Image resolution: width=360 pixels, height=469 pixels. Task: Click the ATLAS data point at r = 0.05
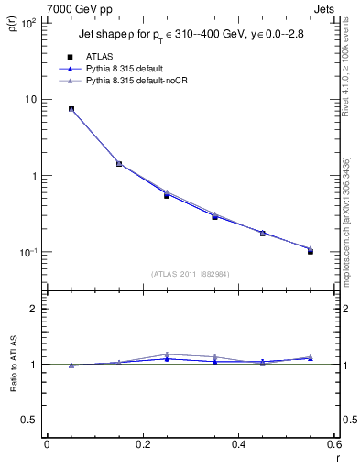71,109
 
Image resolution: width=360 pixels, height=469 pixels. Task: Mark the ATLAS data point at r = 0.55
311,251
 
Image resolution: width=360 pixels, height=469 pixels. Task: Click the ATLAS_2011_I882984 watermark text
190,274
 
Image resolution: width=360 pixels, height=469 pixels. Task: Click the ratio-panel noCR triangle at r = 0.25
167,354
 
